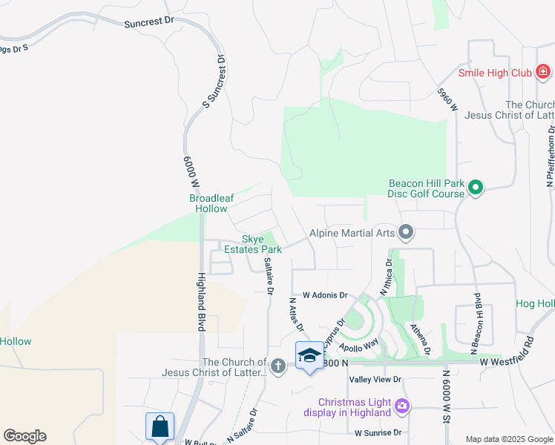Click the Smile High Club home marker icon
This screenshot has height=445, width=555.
[x=543, y=72]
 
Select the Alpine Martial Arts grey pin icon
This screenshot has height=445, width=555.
[x=405, y=233]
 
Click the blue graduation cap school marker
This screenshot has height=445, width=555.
[x=309, y=355]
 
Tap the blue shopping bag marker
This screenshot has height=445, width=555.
[x=160, y=426]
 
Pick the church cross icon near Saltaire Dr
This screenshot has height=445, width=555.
[x=277, y=365]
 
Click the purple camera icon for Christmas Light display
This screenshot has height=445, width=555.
[x=402, y=405]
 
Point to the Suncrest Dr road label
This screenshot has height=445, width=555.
[x=148, y=23]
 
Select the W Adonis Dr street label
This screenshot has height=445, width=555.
[x=325, y=295]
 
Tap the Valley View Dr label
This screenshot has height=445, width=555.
[x=375, y=379]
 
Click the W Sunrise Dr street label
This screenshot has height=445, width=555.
[x=378, y=432]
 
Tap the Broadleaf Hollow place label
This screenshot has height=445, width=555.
[x=211, y=203]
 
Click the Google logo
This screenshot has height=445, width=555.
[x=25, y=436]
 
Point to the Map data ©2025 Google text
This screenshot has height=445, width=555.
[x=508, y=439]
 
